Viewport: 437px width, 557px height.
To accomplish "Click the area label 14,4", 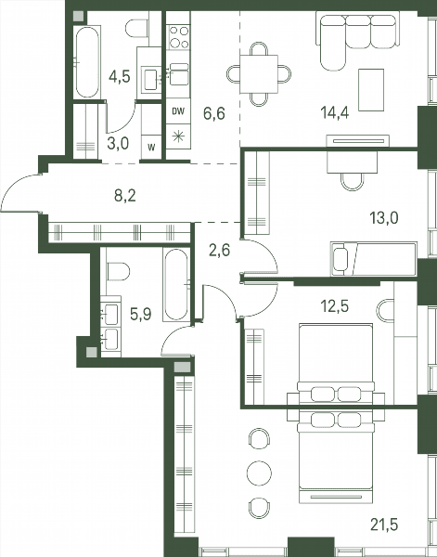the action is click(334, 113).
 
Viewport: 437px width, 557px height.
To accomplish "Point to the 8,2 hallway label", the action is click(125, 196).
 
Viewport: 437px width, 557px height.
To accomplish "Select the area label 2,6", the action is click(219, 250).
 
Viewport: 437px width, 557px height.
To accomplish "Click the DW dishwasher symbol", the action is click(178, 111).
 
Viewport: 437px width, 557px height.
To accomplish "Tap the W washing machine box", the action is click(151, 148).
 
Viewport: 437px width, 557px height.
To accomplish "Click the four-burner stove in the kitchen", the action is click(178, 37).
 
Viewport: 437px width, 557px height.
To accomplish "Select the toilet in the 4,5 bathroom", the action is click(136, 28).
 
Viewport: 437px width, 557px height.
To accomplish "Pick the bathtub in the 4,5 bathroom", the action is click(87, 62).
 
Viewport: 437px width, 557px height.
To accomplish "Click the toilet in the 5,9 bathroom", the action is click(118, 271).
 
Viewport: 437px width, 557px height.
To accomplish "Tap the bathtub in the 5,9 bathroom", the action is click(176, 284).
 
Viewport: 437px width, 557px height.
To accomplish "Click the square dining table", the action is click(259, 74).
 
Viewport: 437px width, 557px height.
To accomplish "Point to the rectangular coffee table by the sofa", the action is click(371, 90).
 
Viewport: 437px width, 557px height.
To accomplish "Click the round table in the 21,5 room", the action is click(259, 473).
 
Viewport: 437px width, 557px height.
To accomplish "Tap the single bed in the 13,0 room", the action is click(374, 259).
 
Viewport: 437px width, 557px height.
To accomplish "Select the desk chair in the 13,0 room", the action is click(353, 181).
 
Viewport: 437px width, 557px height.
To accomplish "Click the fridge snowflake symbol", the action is click(178, 136).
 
